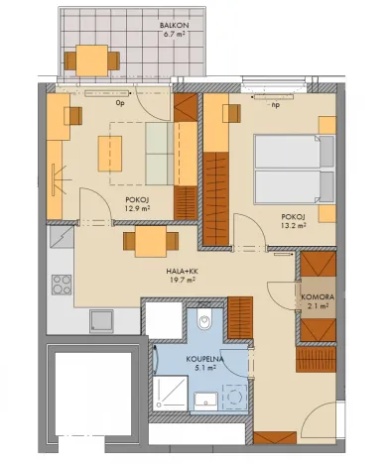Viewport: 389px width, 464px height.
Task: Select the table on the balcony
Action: [91, 60]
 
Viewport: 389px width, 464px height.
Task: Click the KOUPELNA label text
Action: [204, 360]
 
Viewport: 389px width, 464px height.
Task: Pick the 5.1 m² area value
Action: [204, 371]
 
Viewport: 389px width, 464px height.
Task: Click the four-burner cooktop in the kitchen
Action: [62, 283]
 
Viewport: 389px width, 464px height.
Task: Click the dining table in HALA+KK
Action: [144, 241]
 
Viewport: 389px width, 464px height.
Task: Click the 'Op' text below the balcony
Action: [120, 101]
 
